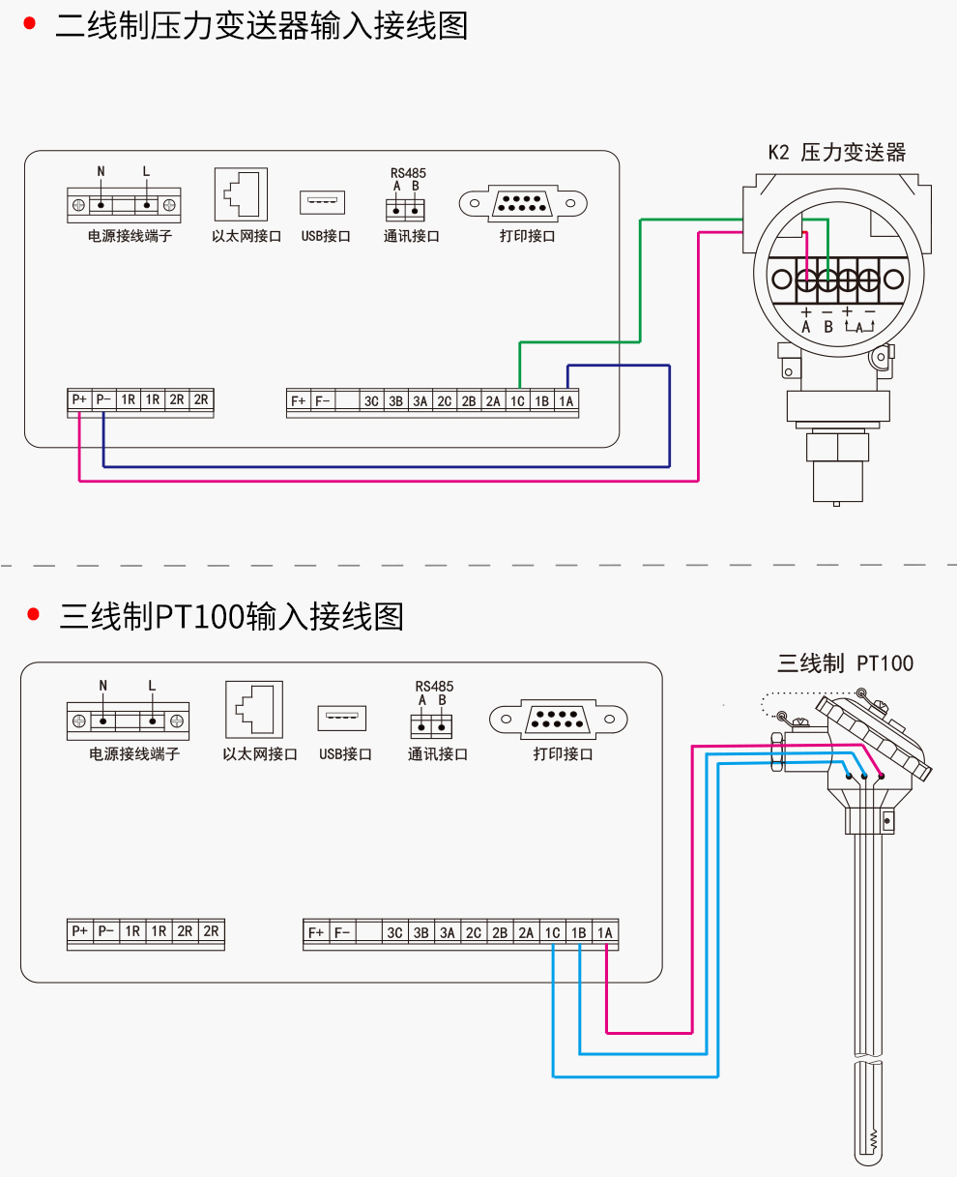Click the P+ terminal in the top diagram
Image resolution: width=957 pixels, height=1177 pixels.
[79, 399]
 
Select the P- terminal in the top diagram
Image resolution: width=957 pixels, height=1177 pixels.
[103, 399]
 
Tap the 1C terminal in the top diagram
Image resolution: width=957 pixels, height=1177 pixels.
[517, 400]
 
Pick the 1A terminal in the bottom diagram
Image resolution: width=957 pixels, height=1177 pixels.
[605, 932]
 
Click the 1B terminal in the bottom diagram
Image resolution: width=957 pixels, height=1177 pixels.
[579, 932]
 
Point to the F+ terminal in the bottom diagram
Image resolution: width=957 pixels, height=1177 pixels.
[316, 932]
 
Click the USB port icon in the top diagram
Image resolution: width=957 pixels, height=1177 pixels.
[323, 202]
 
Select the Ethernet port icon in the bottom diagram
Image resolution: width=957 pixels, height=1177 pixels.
[254, 710]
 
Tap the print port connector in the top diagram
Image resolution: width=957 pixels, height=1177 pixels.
[523, 203]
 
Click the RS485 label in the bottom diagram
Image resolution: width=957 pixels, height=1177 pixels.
[434, 687]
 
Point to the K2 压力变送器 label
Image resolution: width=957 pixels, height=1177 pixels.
[836, 153]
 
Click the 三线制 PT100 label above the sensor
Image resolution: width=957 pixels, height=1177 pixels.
[845, 663]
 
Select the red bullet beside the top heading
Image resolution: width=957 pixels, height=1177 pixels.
[30, 24]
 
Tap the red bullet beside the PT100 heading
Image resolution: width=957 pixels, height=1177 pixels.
[33, 614]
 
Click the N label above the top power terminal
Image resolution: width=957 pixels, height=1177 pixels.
[101, 171]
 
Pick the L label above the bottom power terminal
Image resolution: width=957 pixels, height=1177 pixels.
[152, 685]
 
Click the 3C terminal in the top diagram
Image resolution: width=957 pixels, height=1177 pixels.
[371, 400]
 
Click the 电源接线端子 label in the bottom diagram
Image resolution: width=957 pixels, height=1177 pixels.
[134, 753]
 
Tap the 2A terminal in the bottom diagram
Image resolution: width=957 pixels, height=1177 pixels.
[526, 932]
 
